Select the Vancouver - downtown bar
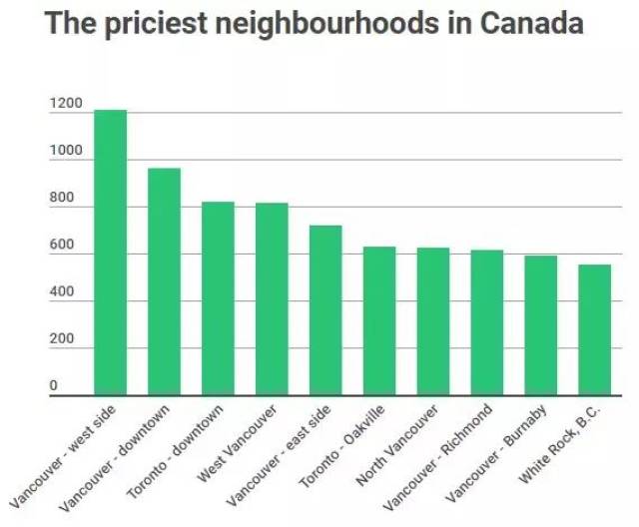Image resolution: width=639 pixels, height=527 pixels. click(164, 281)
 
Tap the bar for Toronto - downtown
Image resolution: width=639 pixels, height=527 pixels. click(218, 298)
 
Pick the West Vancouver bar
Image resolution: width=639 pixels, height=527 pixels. click(272, 299)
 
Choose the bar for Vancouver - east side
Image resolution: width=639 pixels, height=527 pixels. click(325, 310)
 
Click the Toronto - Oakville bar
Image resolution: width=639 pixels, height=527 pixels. click(379, 320)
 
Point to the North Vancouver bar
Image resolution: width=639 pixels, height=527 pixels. click(433, 321)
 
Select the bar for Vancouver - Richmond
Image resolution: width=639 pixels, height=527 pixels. click(487, 322)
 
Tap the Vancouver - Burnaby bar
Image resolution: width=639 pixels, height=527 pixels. click(541, 325)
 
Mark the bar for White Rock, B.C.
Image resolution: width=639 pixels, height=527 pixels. click(595, 329)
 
